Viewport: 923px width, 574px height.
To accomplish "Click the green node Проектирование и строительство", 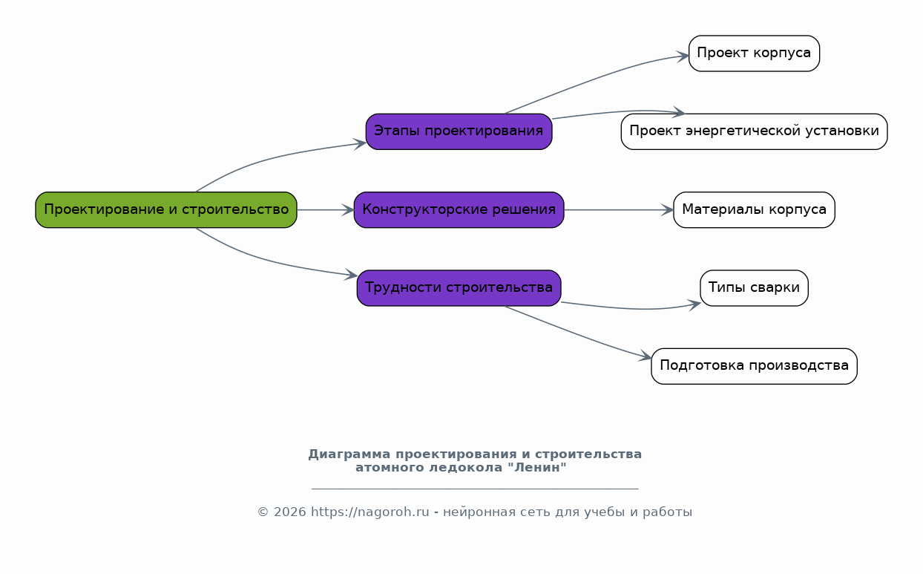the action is point(166,210).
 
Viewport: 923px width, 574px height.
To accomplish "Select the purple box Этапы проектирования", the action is point(459,131).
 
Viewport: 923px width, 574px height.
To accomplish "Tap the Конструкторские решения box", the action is point(459,210).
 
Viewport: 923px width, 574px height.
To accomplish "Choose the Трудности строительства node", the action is point(459,288).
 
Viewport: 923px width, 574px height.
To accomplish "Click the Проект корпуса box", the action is point(754,53).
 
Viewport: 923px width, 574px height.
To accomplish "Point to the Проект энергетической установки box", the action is point(754,131).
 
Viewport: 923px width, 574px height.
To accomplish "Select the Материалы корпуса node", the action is point(754,210).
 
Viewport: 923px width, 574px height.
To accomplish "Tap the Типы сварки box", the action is point(754,288).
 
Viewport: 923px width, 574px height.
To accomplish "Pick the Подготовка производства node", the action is point(754,366).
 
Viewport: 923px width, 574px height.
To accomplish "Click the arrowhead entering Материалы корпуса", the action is point(668,210).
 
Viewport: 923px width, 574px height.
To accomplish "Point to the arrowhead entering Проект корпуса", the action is point(683,56).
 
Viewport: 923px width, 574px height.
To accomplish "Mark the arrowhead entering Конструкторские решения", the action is point(348,210).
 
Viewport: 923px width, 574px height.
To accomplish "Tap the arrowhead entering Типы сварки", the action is point(694,305).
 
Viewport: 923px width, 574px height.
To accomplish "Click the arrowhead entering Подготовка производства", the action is point(646,356).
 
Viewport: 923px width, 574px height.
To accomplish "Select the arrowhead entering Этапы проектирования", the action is point(360,144).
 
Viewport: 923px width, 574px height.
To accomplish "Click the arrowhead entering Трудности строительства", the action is point(351,275).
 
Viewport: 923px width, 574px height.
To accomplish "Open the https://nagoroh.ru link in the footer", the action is point(370,512).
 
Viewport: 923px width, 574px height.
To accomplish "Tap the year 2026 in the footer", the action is point(290,512).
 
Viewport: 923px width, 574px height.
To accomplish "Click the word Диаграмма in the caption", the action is point(349,454).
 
